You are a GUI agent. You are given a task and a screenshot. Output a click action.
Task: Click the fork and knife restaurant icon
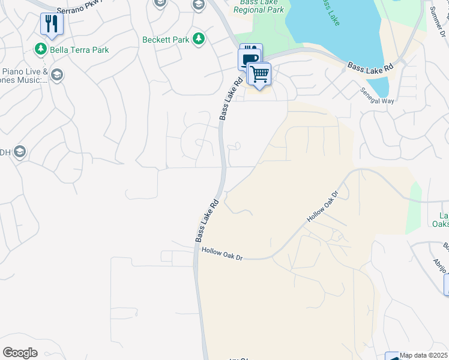pyautogui.click(x=52, y=23)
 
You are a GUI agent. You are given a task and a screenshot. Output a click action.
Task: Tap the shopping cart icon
pyautogui.click(x=259, y=74)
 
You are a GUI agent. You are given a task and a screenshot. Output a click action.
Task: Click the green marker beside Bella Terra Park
pyautogui.click(x=41, y=49)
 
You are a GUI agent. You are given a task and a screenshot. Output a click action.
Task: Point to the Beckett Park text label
pyautogui.click(x=166, y=40)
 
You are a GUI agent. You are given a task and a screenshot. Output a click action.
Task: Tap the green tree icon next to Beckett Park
pyautogui.click(x=199, y=40)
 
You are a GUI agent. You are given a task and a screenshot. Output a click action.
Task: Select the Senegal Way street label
pyautogui.click(x=377, y=97)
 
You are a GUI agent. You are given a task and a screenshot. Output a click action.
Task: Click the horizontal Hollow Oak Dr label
pyautogui.click(x=222, y=254)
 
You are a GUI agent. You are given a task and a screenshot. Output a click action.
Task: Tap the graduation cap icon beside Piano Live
pyautogui.click(x=57, y=75)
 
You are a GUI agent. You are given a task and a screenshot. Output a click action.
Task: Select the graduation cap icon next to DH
pyautogui.click(x=20, y=152)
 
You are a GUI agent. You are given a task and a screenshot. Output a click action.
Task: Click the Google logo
pyautogui.click(x=20, y=352)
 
